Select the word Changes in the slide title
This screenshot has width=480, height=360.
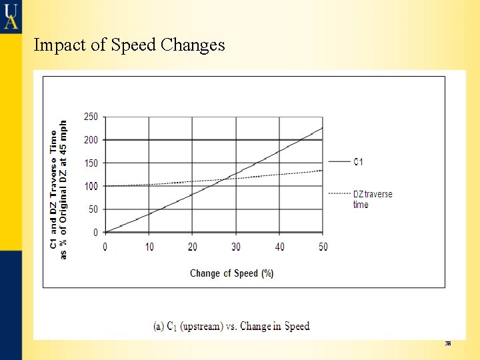coord(193,45)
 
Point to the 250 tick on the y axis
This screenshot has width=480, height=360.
coord(91,117)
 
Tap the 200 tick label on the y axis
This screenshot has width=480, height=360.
coord(91,140)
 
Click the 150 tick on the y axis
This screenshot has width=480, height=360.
coord(91,163)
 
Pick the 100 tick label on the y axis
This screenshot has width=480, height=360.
coord(91,186)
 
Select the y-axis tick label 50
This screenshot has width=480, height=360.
coord(93,209)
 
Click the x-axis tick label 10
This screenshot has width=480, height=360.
coord(149,247)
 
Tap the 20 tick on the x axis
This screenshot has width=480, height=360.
coord(193,247)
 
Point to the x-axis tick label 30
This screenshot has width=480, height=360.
coord(236,247)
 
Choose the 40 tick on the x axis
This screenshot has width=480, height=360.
coord(279,247)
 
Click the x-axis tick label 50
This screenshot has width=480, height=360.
coord(323,247)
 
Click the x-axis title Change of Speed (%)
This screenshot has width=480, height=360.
coord(231,273)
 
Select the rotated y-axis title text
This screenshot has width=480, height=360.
coord(59,190)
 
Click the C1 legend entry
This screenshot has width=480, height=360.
coord(358,162)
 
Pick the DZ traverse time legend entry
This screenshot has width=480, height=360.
coord(372,199)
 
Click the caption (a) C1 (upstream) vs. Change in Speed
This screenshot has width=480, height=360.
coord(231,326)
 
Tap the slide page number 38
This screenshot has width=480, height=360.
coord(448,343)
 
